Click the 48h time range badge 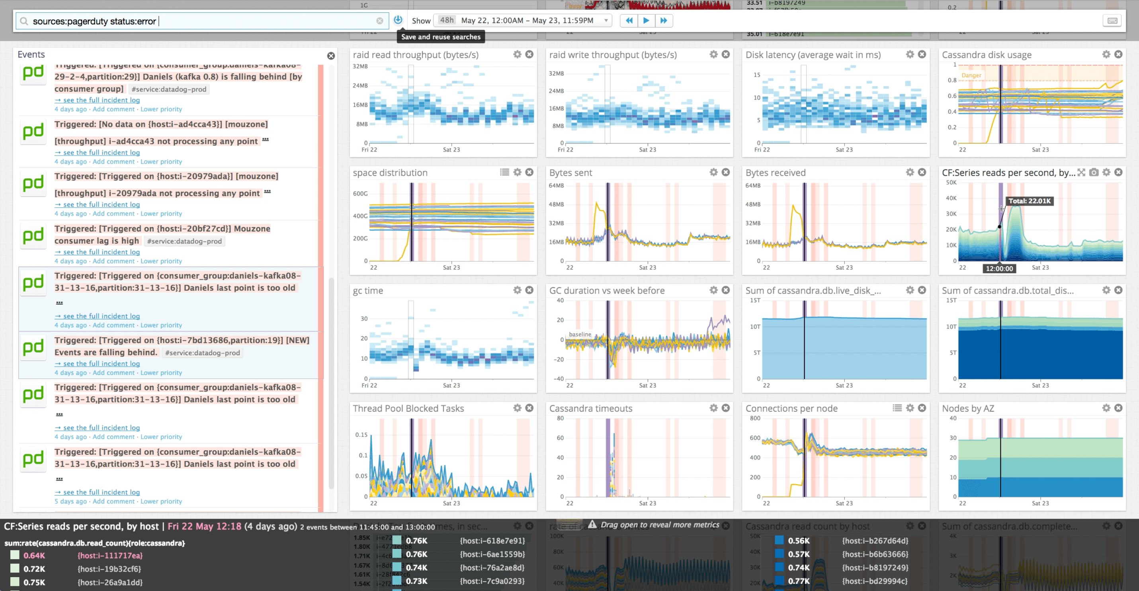[447, 20]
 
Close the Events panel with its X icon [331, 56]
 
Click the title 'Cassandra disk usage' [987, 55]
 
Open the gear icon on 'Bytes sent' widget [713, 172]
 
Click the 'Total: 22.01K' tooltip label [1030, 201]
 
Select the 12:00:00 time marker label [999, 268]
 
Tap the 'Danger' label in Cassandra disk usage [971, 76]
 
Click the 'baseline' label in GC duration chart [580, 334]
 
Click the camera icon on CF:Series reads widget [1094, 172]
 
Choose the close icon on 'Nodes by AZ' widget [1118, 408]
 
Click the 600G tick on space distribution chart [360, 193]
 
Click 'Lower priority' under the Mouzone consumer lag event [161, 261]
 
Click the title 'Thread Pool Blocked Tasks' [408, 408]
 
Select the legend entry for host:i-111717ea [109, 556]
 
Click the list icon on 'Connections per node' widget [897, 408]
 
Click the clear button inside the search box [379, 21]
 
